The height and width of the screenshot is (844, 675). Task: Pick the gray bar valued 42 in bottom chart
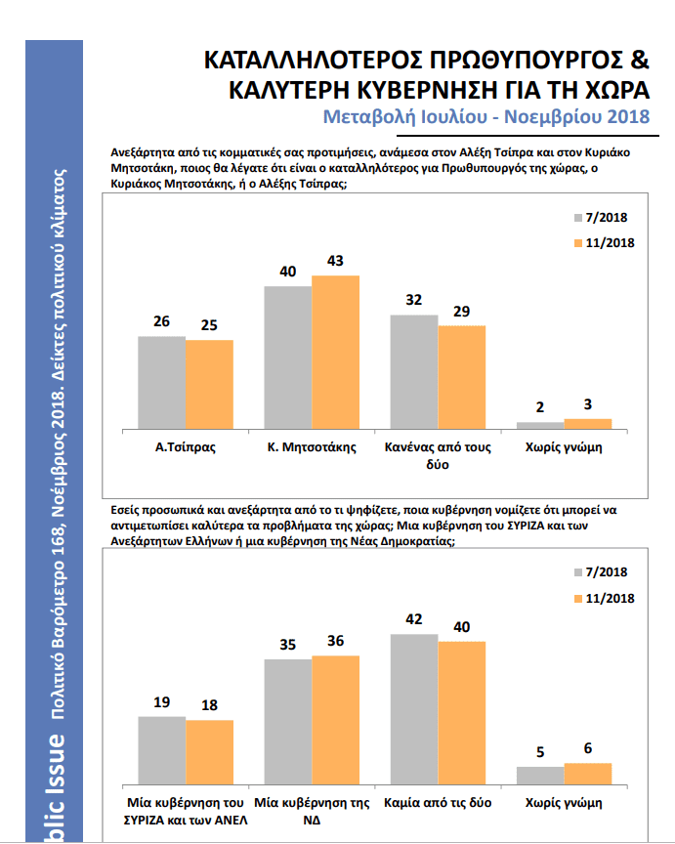tap(413, 708)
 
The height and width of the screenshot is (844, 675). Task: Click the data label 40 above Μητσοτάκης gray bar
tap(288, 272)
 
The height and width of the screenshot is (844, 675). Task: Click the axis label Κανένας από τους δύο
tap(438, 456)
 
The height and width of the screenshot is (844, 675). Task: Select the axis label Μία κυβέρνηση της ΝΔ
tap(312, 810)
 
